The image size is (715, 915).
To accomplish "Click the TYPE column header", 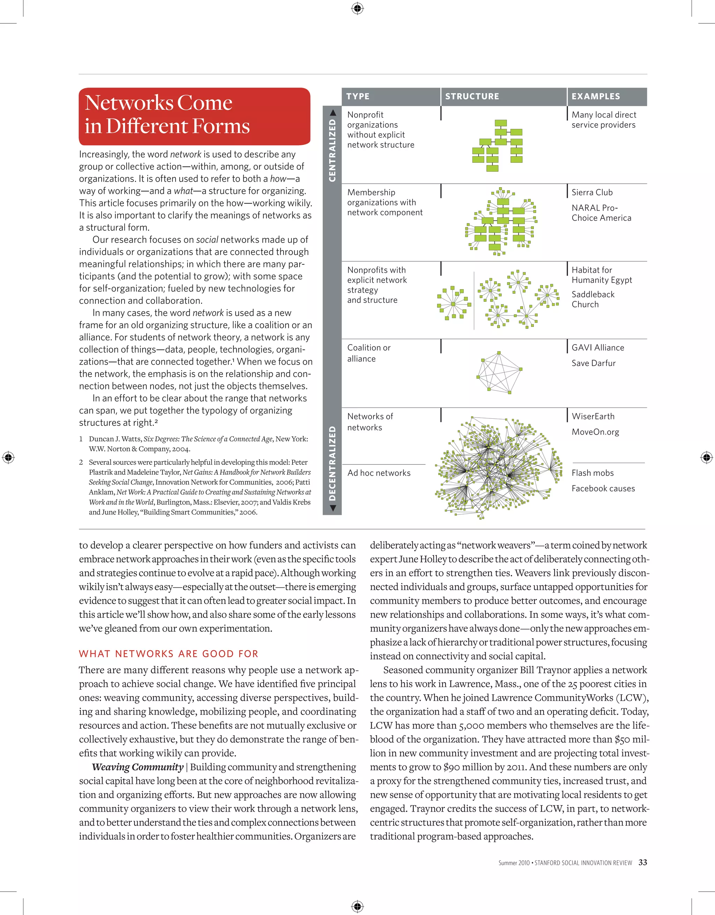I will point(358,96).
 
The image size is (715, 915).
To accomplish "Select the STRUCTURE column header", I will point(472,96).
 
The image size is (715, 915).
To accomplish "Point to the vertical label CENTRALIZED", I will point(332,150).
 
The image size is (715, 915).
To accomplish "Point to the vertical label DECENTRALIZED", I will point(332,463).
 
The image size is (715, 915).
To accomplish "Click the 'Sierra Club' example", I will point(592,192).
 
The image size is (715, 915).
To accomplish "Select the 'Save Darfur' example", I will point(593,363).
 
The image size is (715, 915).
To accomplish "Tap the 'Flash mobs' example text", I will point(592,473).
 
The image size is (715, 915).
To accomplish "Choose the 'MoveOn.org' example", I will point(595,432).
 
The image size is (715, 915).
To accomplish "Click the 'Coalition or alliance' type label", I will point(368,353).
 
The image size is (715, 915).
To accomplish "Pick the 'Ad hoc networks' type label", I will point(379,473).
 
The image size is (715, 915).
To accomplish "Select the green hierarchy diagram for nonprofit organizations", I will point(497,145).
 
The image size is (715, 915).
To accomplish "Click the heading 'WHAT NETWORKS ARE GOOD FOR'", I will point(168,653).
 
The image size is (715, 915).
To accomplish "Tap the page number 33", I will point(642,862).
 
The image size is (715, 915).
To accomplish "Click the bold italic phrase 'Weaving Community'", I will point(138,767).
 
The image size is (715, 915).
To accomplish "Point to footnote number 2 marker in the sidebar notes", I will point(81,462).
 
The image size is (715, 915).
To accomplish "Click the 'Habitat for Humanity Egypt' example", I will point(602,275).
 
